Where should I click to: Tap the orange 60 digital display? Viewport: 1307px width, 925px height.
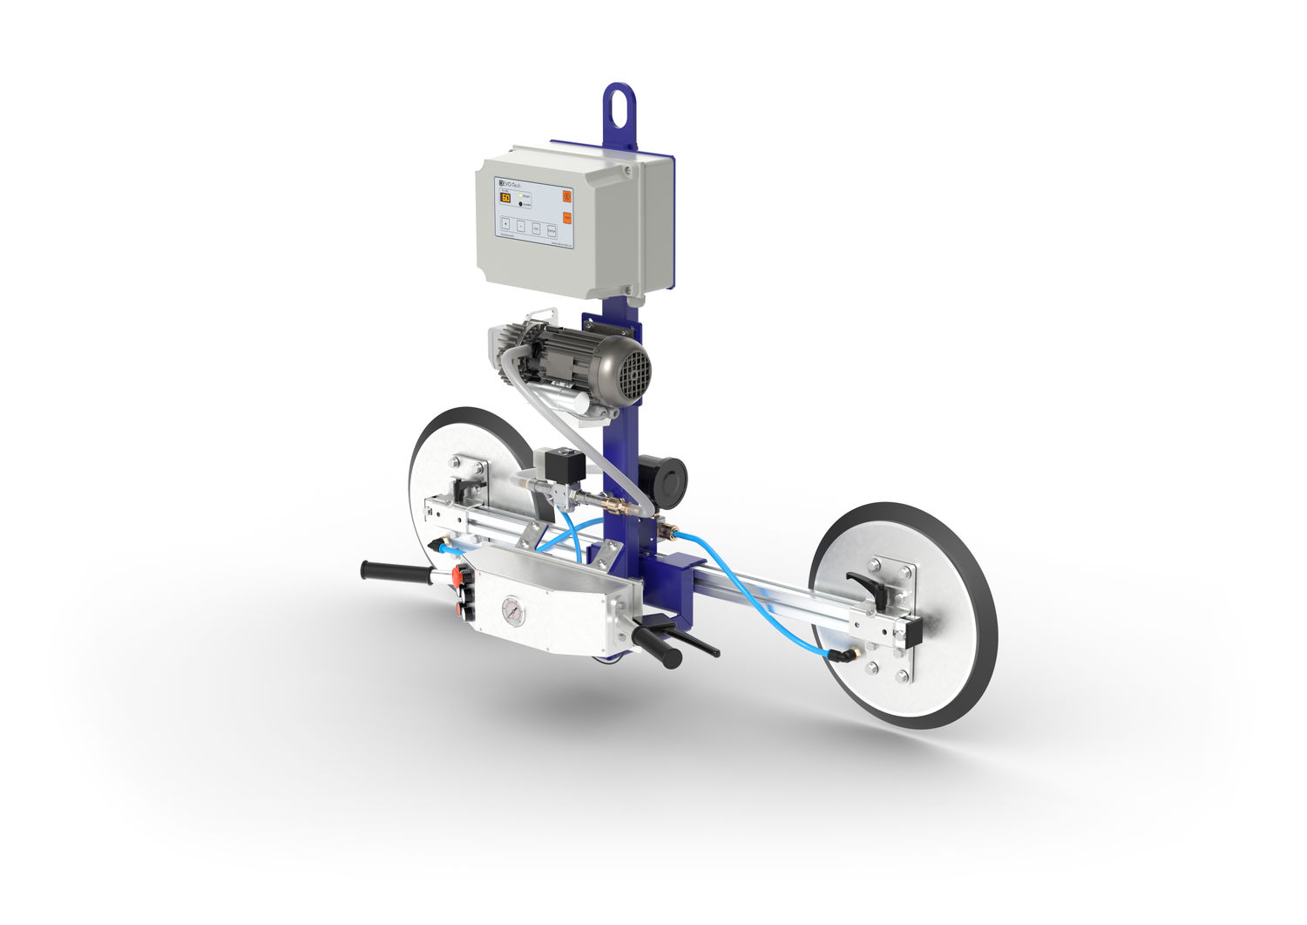[x=505, y=198]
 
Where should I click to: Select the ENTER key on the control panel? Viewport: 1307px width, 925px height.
[x=552, y=230]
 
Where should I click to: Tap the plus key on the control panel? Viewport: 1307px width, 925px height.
[x=505, y=225]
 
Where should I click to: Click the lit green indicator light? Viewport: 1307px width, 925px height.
[x=520, y=198]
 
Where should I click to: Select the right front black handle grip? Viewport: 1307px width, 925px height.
[x=658, y=646]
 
